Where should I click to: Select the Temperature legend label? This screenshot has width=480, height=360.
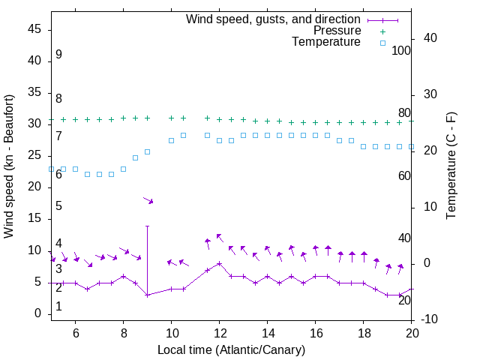coord(326,42)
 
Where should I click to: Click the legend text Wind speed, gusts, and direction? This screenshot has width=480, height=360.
coord(274,19)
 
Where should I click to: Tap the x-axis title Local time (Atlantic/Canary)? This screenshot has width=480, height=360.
coord(231,349)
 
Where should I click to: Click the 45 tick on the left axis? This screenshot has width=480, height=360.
coord(34,29)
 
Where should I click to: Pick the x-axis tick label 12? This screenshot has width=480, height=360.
coord(219,333)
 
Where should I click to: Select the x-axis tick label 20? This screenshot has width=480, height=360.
coord(412,333)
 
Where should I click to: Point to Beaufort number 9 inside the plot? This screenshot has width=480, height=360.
coord(58,55)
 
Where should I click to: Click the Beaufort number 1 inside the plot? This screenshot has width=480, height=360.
coord(58,307)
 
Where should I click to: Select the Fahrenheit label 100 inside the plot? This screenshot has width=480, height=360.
coord(401,50)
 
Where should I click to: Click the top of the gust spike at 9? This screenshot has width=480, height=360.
coord(148,226)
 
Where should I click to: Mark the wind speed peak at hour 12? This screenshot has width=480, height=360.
coord(219,263)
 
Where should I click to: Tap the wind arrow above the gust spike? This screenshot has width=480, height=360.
coord(148,200)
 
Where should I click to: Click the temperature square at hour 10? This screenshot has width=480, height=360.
coord(171,140)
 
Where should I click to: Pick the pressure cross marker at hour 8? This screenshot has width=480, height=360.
coord(123,118)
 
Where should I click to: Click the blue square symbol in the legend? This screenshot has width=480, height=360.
coord(382,43)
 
